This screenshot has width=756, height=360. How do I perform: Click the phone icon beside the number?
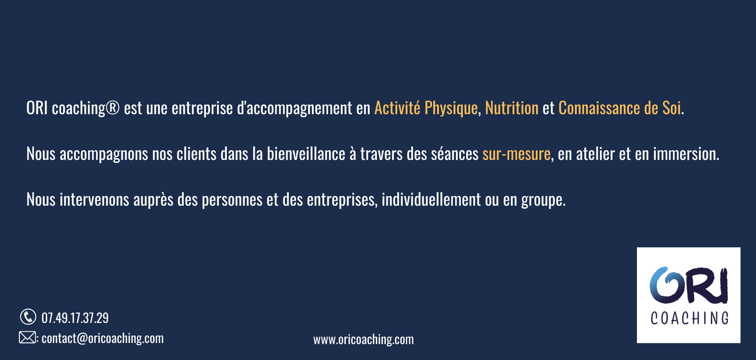pyautogui.click(x=28, y=317)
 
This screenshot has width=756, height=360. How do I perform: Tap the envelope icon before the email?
pyautogui.click(x=27, y=337)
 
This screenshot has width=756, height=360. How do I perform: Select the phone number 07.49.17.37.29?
pyautogui.click(x=75, y=318)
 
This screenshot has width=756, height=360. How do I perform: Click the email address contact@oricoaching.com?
pyautogui.click(x=103, y=338)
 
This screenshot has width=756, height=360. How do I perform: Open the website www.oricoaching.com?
pyautogui.click(x=363, y=340)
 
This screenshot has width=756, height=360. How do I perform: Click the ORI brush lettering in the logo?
pyautogui.click(x=688, y=284)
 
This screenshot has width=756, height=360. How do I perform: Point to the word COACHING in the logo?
pyautogui.click(x=689, y=318)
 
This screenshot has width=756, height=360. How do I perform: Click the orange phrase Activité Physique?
pyautogui.click(x=426, y=108)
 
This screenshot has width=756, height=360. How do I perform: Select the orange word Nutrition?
pyautogui.click(x=512, y=108)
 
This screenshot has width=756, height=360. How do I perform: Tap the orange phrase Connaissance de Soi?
pyautogui.click(x=619, y=108)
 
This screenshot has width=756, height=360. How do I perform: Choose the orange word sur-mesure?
pyautogui.click(x=516, y=154)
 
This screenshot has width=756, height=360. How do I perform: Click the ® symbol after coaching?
pyautogui.click(x=113, y=108)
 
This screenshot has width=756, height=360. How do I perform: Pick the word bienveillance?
pyautogui.click(x=306, y=154)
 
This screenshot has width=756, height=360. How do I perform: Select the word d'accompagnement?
pyautogui.click(x=295, y=109)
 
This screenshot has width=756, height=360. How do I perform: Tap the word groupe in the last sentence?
pyautogui.click(x=542, y=200)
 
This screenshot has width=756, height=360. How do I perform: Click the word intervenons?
pyautogui.click(x=94, y=199)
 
